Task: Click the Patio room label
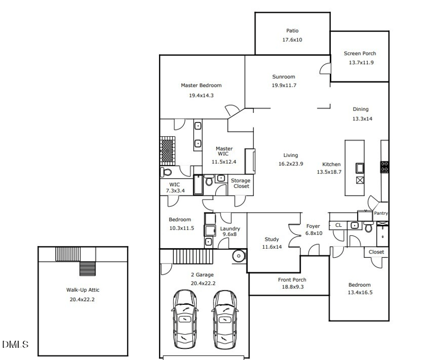(293, 31)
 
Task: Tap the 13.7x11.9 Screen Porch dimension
(361, 63)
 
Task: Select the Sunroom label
(284, 76)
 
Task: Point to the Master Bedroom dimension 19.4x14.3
(201, 95)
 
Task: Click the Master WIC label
(224, 151)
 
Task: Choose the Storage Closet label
(241, 183)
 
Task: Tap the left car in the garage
(184, 319)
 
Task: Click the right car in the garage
(224, 319)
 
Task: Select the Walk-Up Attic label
(83, 290)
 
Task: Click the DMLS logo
(15, 344)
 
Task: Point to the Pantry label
(381, 213)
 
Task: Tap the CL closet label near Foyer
(338, 225)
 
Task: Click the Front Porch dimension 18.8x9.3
(293, 287)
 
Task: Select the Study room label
(272, 239)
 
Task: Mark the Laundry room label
(230, 229)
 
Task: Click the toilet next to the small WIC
(166, 172)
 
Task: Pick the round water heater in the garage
(239, 256)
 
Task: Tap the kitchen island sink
(360, 168)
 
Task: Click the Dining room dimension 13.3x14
(363, 119)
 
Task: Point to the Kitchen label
(331, 164)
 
